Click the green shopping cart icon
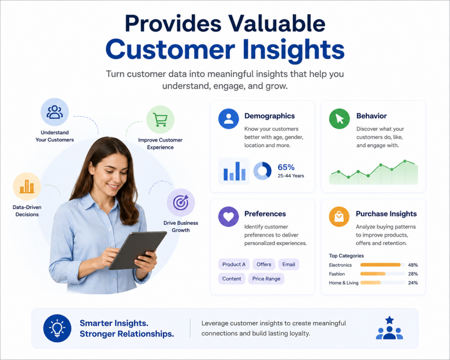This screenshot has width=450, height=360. (x=160, y=120)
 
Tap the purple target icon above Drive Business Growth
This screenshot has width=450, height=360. (x=181, y=202)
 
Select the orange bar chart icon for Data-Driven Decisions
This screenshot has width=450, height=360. (x=27, y=187)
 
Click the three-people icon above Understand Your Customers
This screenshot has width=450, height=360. (x=54, y=112)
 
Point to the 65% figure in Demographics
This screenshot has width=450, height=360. (x=286, y=167)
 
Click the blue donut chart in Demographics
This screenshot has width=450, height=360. (x=262, y=171)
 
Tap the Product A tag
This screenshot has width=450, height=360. (x=234, y=265)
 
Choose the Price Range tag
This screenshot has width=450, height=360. (x=266, y=279)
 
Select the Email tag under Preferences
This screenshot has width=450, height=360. (x=289, y=265)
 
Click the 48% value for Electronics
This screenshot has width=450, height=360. (x=413, y=265)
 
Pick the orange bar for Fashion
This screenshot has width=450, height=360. (x=373, y=274)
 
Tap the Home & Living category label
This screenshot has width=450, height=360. (x=344, y=283)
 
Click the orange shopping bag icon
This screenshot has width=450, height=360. (x=339, y=216)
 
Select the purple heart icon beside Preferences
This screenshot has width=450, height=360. (x=229, y=216)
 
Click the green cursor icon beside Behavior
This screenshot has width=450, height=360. (x=339, y=119)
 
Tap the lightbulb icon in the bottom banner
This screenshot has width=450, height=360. (x=57, y=328)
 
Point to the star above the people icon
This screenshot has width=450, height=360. (x=389, y=320)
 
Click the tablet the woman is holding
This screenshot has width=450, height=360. (x=138, y=251)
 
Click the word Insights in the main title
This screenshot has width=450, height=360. (x=294, y=50)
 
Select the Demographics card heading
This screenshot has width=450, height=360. (x=269, y=116)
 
